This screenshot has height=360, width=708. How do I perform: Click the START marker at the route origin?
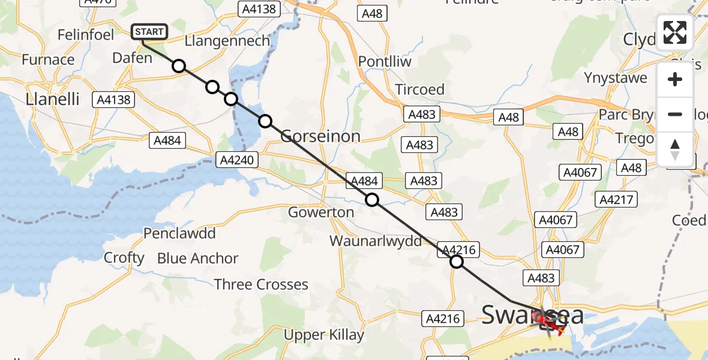pyautogui.click(x=149, y=32)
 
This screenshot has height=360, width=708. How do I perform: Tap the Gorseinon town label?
pyautogui.click(x=321, y=136)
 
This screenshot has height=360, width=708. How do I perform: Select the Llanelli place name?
pyautogui.click(x=53, y=99)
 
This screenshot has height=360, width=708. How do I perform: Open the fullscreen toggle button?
pyautogui.click(x=675, y=32)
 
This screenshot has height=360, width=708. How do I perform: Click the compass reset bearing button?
pyautogui.click(x=675, y=149)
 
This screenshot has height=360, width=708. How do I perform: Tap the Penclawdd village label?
pyautogui.click(x=179, y=233)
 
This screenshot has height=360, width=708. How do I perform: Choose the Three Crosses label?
pyautogui.click(x=261, y=284)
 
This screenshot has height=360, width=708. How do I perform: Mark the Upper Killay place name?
pyautogui.click(x=323, y=334)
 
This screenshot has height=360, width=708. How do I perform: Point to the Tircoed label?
pyautogui.click(x=419, y=89)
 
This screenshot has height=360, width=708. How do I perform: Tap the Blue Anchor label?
pyautogui.click(x=197, y=259)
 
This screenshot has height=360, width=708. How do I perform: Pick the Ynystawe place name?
pyautogui.click(x=616, y=77)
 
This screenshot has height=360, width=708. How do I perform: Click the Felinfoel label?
pyautogui.click(x=85, y=35)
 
